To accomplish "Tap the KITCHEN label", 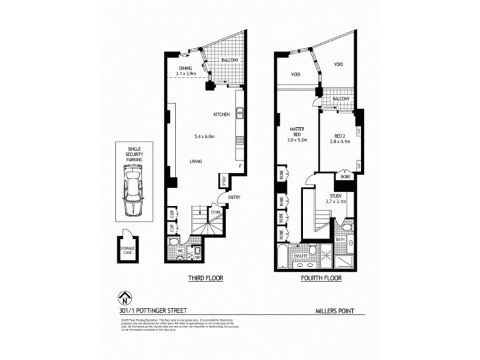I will pyautogui.click(x=222, y=114).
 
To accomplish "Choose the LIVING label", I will pyautogui.click(x=196, y=161).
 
